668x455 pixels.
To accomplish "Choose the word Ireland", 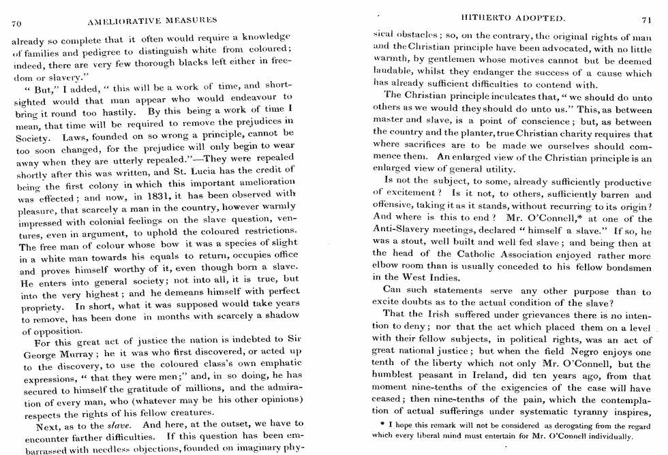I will pyautogui.click(x=503, y=376).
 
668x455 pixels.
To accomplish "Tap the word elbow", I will pyautogui.click(x=389, y=266).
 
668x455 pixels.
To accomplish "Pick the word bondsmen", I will pyautogui.click(x=627, y=266).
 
